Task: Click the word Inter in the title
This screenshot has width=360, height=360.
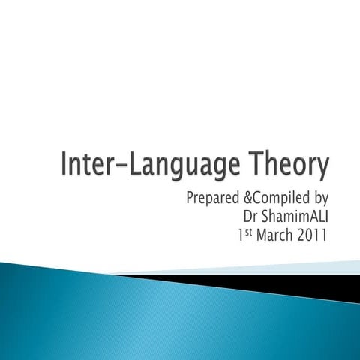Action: point(85,164)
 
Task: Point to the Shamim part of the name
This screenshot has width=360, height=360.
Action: point(280,217)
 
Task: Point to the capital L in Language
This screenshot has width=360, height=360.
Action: point(134,164)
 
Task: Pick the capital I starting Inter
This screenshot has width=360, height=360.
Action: point(64,164)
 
